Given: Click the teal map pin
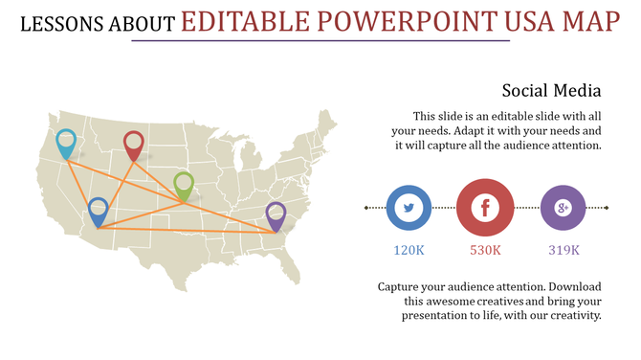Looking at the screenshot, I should point(66,142).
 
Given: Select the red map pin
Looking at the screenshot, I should point(134,145).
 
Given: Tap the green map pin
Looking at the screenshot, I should point(184,184).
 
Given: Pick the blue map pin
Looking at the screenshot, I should point(98,210).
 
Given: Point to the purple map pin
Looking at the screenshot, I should point(276,214).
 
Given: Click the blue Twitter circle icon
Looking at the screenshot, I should point(409,208).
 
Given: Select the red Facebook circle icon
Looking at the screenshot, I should point(485,208).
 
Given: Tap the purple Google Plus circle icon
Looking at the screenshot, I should point(563,208).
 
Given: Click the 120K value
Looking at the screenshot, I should point(409,250).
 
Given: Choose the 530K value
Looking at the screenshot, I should point(485,250).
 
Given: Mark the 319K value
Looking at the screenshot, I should point(564,250).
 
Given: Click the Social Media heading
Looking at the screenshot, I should point(551,91).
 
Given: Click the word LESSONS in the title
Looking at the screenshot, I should point(62,22).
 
